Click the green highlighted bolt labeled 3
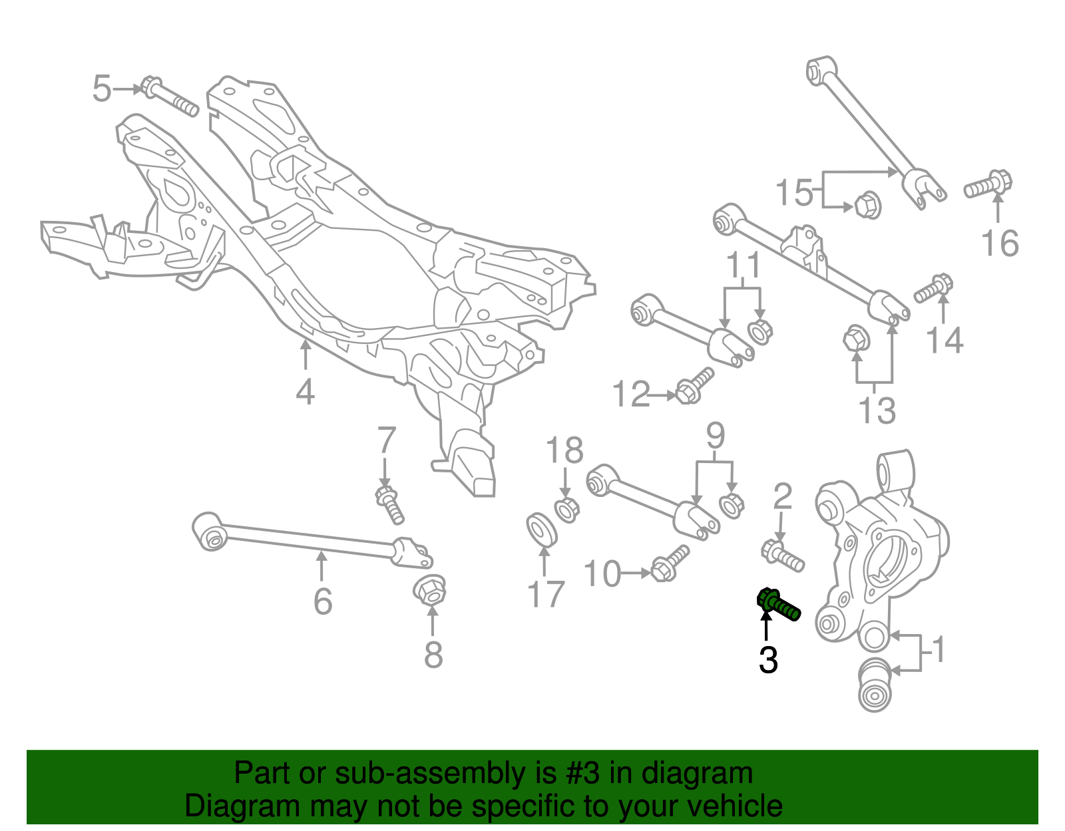tap(779, 604)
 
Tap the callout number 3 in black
tap(768, 659)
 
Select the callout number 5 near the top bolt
tap(101, 88)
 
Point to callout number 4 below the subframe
tap(305, 392)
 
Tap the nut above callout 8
tap(430, 589)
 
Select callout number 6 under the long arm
tap(323, 601)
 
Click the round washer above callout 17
tap(542, 529)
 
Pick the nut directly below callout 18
tap(566, 510)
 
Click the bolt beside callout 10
tap(670, 563)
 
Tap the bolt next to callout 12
tap(694, 386)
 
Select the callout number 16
tap(1000, 243)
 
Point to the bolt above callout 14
tap(934, 289)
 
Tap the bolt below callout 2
tap(783, 555)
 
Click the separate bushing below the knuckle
tap(875, 685)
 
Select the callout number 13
tap(877, 410)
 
